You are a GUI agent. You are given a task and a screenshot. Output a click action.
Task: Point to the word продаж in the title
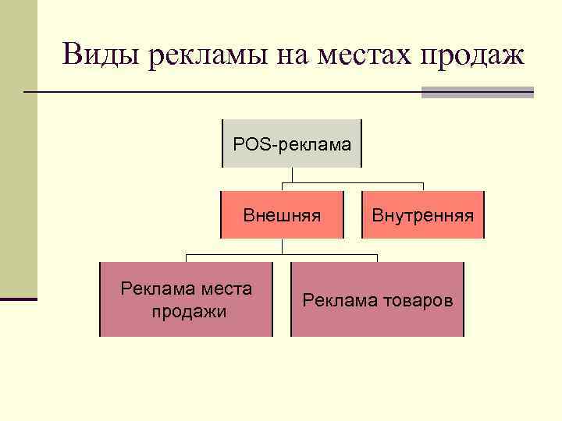pos(473,55)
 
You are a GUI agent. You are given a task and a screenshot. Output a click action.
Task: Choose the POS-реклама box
pos(292,143)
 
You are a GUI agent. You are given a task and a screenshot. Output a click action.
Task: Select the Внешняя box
pos(282,214)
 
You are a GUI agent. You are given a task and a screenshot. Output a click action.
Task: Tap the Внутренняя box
pos(422,214)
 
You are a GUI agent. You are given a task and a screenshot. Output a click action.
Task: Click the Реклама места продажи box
pos(186,299)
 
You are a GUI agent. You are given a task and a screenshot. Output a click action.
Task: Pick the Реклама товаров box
pos(377,299)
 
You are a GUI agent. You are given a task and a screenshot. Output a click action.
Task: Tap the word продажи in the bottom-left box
pos(187,312)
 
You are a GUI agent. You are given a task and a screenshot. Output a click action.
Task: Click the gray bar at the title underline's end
pos(477,93)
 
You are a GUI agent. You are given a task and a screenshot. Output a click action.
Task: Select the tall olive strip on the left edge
pos(18,148)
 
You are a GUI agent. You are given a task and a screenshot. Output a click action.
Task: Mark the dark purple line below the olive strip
pos(18,299)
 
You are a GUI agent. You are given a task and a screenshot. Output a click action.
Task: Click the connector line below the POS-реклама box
pos(282,179)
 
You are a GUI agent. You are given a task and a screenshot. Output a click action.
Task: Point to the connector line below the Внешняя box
pos(282,246)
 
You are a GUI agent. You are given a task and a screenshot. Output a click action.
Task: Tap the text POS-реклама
pos(292,143)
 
